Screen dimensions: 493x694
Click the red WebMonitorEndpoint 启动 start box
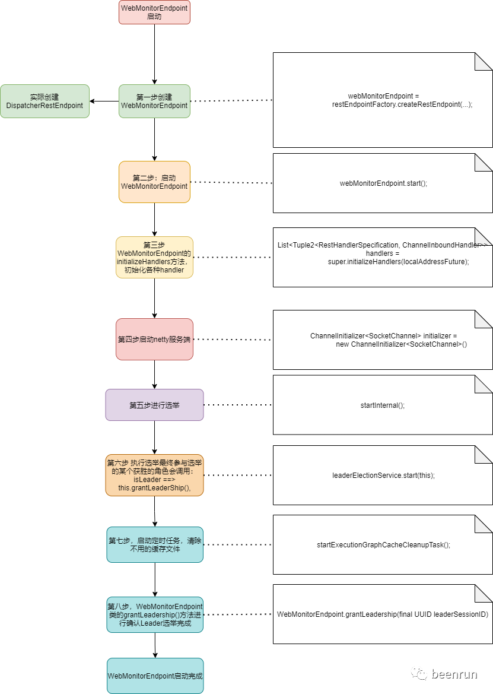(x=154, y=12)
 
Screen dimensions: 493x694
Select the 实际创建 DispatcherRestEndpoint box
(x=44, y=102)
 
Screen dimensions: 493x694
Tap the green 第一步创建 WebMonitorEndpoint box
(x=154, y=102)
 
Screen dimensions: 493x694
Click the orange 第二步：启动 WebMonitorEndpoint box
(x=154, y=182)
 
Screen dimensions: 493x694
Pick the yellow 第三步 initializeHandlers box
(x=154, y=257)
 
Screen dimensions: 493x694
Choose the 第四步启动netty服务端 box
(x=154, y=340)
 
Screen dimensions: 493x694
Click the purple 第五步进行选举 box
(x=154, y=405)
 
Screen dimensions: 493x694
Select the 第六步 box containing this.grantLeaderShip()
(x=154, y=476)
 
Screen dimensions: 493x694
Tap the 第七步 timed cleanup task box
(x=155, y=545)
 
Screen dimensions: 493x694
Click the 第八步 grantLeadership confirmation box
(x=155, y=615)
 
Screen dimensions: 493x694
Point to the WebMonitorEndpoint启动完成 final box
(x=155, y=676)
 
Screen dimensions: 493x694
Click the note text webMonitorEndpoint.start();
(x=383, y=183)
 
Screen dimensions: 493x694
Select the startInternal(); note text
(x=383, y=405)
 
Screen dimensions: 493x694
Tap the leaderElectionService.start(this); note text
(x=383, y=476)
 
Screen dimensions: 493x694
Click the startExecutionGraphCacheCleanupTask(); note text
(x=383, y=545)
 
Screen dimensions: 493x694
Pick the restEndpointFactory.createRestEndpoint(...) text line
(x=402, y=104)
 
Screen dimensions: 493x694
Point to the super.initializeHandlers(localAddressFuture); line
(x=399, y=262)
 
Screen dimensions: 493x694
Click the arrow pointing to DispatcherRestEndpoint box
(x=104, y=102)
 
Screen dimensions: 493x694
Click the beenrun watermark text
(x=454, y=674)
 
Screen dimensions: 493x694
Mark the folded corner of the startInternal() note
(x=484, y=384)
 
